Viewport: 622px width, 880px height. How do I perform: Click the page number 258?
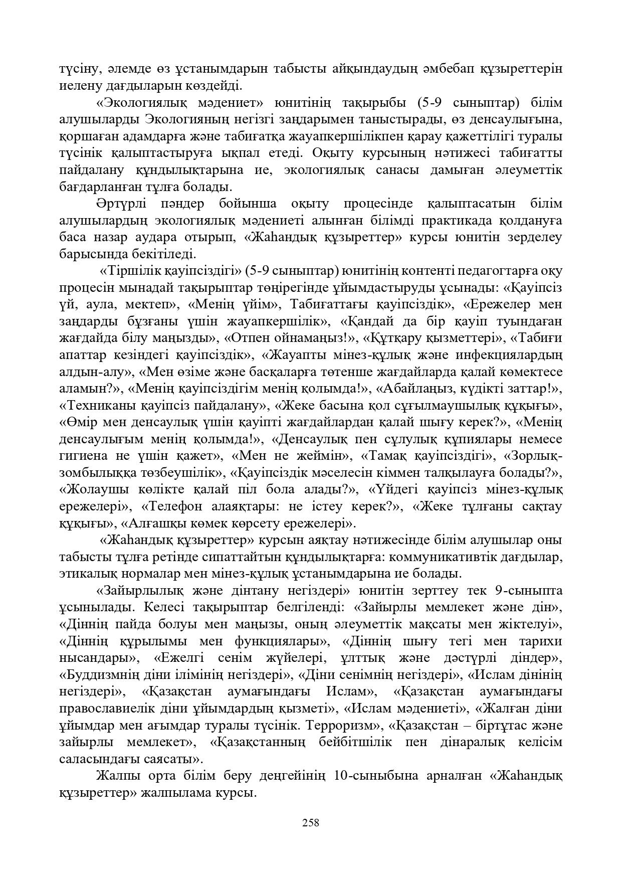[x=311, y=823]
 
